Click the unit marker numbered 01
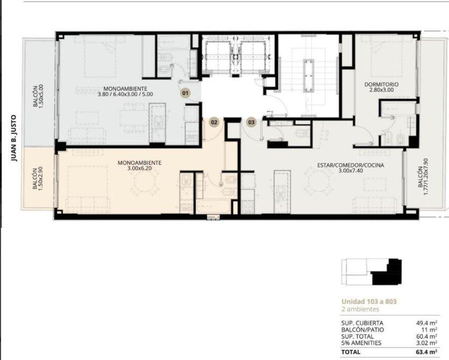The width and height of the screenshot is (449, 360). (x=186, y=93)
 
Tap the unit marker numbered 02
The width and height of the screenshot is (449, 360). (x=214, y=123)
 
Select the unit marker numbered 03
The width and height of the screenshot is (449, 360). (x=251, y=123)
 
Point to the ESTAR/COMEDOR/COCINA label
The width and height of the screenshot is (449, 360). (x=351, y=165)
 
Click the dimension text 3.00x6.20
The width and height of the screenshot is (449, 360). (x=140, y=168)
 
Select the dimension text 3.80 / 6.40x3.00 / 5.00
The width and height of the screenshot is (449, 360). (x=125, y=94)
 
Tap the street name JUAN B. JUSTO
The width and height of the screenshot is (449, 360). (x=14, y=138)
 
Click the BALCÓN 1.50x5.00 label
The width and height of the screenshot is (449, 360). (x=38, y=96)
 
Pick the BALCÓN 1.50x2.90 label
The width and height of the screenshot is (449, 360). (x=38, y=179)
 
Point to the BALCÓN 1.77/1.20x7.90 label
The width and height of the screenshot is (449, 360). (x=423, y=177)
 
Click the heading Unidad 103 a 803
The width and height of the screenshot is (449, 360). (x=369, y=301)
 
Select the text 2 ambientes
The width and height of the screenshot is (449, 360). (x=360, y=309)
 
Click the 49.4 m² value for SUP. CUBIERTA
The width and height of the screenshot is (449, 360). (x=426, y=323)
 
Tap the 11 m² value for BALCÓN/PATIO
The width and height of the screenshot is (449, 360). (x=430, y=330)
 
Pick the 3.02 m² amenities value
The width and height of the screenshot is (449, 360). (x=426, y=343)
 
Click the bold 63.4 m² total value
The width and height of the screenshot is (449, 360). (x=426, y=352)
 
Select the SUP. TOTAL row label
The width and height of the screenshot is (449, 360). (x=358, y=336)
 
